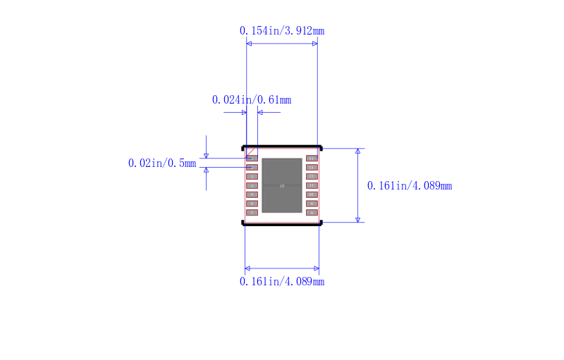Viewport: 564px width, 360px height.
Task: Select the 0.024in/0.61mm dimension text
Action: (x=252, y=100)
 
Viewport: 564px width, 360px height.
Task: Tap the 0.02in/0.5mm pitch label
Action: (x=162, y=163)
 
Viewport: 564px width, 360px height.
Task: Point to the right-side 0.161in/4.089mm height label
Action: (x=410, y=186)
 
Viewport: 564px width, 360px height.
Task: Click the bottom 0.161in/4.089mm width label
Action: (x=282, y=282)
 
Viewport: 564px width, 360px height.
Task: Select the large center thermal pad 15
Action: (x=282, y=185)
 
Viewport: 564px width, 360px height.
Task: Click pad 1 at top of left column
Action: (x=252, y=159)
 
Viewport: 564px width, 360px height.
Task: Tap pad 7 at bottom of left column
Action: (x=252, y=212)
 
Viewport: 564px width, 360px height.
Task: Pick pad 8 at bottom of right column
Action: (x=312, y=212)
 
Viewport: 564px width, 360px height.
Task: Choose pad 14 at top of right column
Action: (x=312, y=159)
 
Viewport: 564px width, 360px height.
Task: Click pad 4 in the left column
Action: (x=252, y=185)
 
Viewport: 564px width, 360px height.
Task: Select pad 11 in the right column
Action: (x=312, y=185)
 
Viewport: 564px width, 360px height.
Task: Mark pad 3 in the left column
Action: (x=252, y=176)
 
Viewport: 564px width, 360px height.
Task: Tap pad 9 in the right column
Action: (x=312, y=203)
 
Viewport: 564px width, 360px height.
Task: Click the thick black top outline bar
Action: (x=282, y=148)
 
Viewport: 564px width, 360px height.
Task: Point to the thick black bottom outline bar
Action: (x=282, y=223)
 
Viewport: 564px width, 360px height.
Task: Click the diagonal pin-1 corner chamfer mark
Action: (x=251, y=151)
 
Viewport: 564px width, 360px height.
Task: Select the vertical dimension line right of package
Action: (x=358, y=186)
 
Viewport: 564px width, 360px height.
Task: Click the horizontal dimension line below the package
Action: (x=282, y=268)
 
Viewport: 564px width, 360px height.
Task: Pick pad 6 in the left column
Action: (x=252, y=203)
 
